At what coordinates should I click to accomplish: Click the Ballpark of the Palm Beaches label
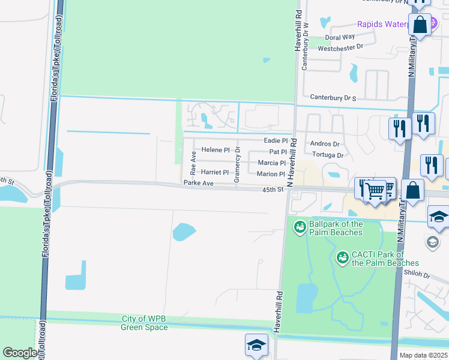336,228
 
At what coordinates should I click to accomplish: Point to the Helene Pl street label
215,149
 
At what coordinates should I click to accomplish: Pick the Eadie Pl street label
277,140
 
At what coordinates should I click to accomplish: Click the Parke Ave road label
199,183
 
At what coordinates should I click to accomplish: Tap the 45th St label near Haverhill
273,190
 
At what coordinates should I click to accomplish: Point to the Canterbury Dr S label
333,97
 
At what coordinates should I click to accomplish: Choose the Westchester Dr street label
341,46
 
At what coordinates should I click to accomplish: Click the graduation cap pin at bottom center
256,345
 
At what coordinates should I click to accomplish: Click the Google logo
20,353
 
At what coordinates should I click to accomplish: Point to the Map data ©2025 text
424,355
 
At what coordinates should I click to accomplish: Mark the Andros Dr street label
325,144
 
